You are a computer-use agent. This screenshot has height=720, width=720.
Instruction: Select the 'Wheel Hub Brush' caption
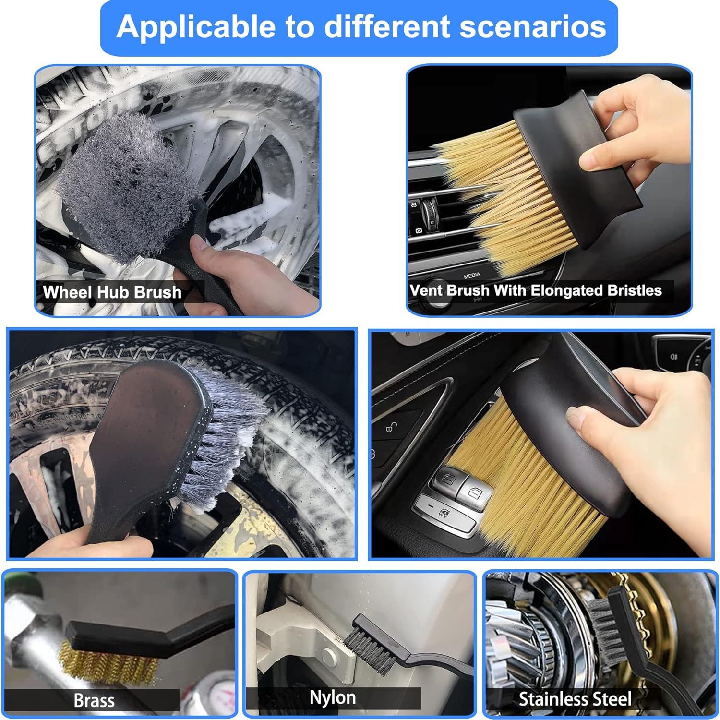pyautogui.click(x=112, y=292)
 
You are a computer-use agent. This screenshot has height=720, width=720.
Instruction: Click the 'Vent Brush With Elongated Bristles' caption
pyautogui.click(x=536, y=290)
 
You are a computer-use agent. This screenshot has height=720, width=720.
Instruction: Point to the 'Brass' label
pyautogui.click(x=94, y=700)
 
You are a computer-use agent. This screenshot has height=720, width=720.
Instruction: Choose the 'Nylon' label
pyautogui.click(x=333, y=697)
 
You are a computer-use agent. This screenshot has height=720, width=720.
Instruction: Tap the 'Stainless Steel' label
pyautogui.click(x=575, y=699)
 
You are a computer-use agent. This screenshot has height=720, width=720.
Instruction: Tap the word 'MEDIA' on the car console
pyautogui.click(x=472, y=276)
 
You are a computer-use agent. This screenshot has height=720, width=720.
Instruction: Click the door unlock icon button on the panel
pyautogui.click(x=392, y=427)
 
